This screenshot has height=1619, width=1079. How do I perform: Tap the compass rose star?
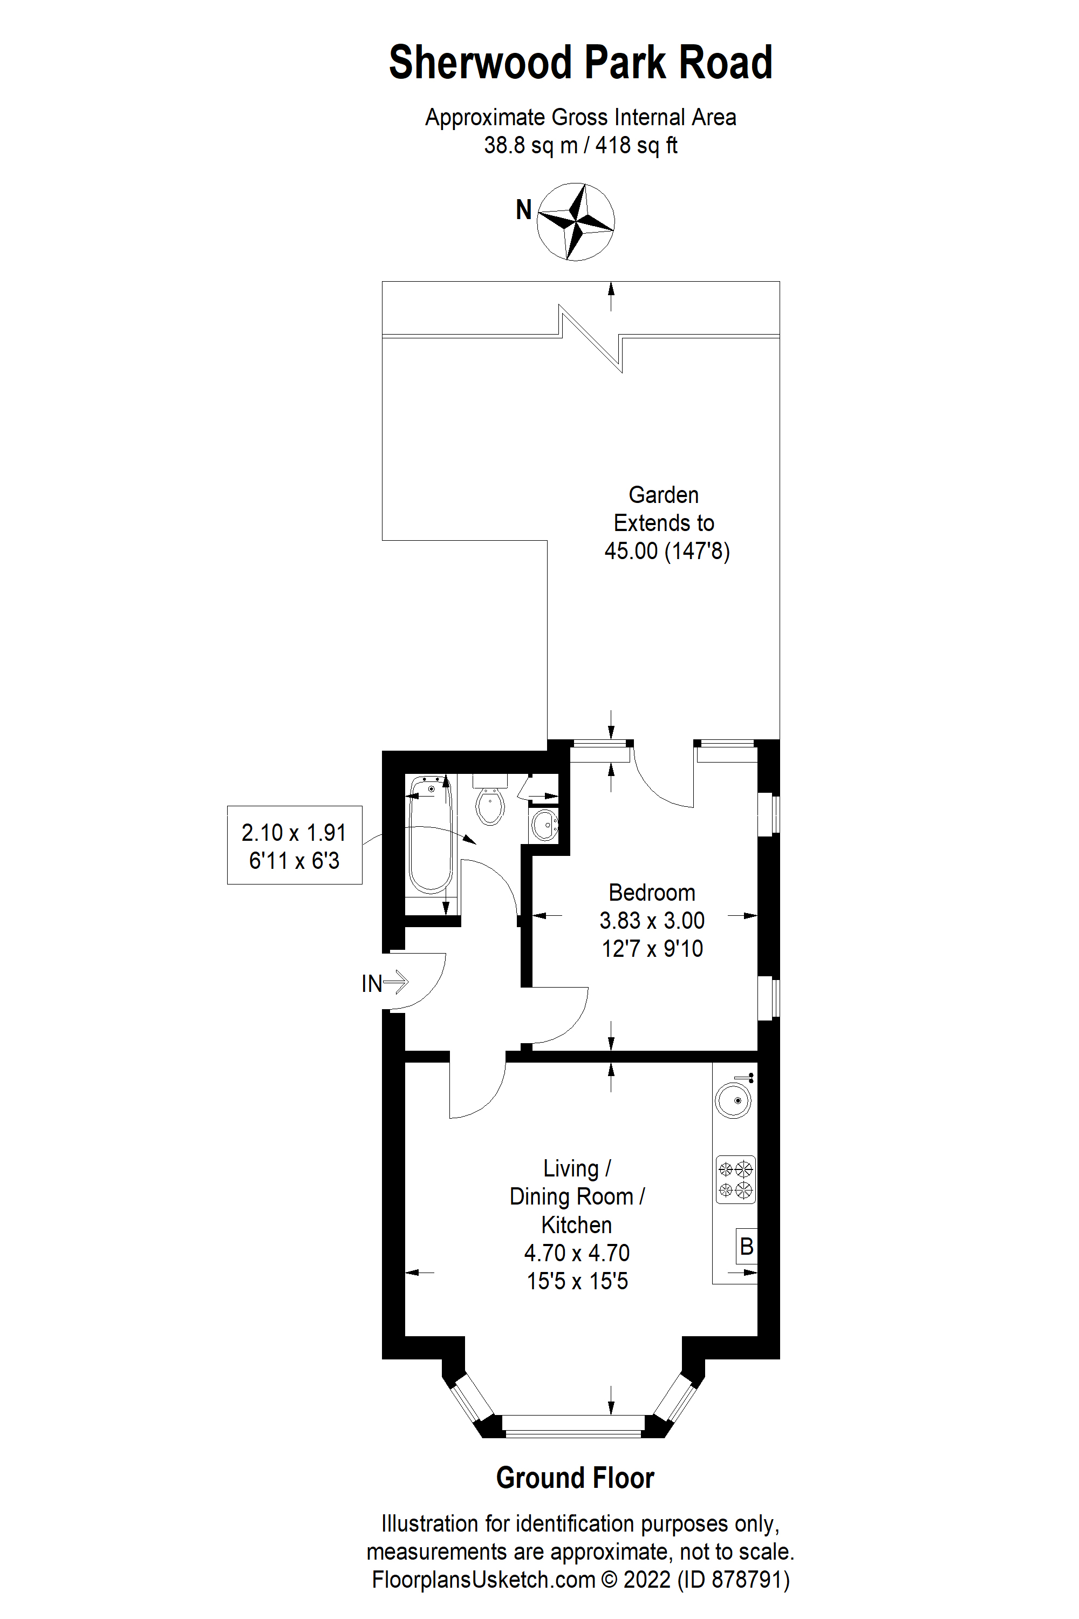pyautogui.click(x=575, y=222)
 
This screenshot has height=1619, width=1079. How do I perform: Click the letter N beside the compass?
pyautogui.click(x=524, y=210)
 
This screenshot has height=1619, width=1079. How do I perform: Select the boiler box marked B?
pyautogui.click(x=747, y=1246)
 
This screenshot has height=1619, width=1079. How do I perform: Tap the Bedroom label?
pyautogui.click(x=652, y=893)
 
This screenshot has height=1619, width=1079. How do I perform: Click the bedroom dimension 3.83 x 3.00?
pyautogui.click(x=652, y=921)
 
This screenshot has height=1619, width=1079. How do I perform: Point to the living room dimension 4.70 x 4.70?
pyautogui.click(x=577, y=1253)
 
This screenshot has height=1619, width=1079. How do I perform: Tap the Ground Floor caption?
pyautogui.click(x=575, y=1478)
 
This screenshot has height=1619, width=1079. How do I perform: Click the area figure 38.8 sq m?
pyautogui.click(x=530, y=146)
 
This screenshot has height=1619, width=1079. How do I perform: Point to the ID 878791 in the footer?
pyautogui.click(x=734, y=1579)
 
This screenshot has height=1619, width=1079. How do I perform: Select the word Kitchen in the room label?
pyautogui.click(x=576, y=1225)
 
